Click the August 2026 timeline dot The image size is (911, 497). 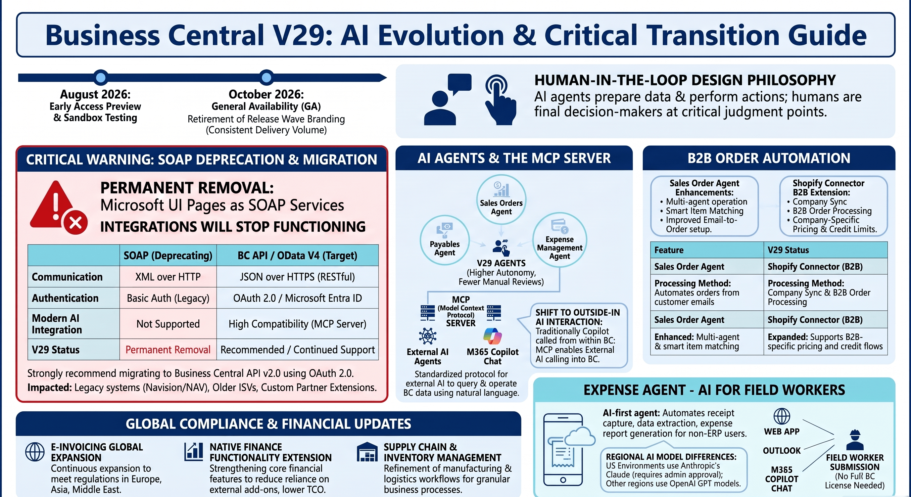pyautogui.click(x=101, y=77)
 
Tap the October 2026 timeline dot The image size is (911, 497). pyautogui.click(x=266, y=77)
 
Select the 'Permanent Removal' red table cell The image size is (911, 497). pyautogui.click(x=168, y=350)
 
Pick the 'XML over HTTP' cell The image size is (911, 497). pyautogui.click(x=168, y=276)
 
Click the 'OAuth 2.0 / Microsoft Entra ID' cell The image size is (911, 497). pyautogui.click(x=297, y=298)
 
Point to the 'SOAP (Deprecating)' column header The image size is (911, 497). pyautogui.click(x=168, y=255)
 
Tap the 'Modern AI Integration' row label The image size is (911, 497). pyautogui.click(x=57, y=324)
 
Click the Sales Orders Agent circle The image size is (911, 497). pyautogui.click(x=501, y=200)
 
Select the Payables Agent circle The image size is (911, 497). pyautogui.click(x=445, y=240)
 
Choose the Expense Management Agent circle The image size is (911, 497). pyautogui.click(x=559, y=240)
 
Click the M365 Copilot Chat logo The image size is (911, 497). pyautogui.click(x=493, y=336)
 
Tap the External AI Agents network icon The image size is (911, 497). pyautogui.click(x=428, y=336)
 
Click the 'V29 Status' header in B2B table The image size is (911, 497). pyautogui.click(x=788, y=250)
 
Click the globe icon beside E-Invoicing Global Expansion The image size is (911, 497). pyautogui.click(x=35, y=452)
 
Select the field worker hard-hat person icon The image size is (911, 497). pyautogui.click(x=855, y=440)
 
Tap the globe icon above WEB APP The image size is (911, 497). pyautogui.click(x=782, y=416)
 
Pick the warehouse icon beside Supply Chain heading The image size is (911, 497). pyautogui.click(x=367, y=452)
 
